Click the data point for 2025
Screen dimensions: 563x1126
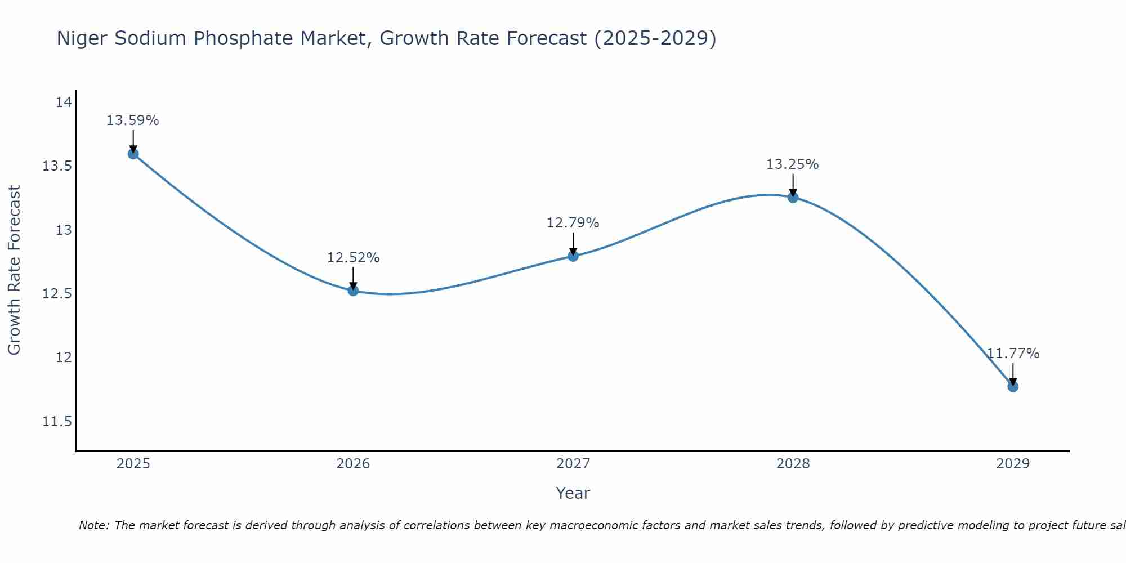[x=133, y=154]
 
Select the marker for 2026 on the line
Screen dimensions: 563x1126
[x=353, y=291]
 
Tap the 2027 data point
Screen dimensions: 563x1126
[x=573, y=256]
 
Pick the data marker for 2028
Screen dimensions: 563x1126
[x=793, y=197]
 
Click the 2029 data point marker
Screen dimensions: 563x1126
[x=1013, y=386]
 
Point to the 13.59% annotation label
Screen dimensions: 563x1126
[x=133, y=120]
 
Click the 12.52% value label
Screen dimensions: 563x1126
[x=353, y=258]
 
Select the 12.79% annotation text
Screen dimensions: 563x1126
[x=573, y=223]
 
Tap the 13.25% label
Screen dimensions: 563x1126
[x=792, y=164]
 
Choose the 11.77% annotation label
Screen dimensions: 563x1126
[x=1013, y=354]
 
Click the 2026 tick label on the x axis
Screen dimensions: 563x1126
[x=353, y=464]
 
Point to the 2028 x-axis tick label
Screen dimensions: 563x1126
[x=793, y=464]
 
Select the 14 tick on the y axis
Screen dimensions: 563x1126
[x=64, y=102]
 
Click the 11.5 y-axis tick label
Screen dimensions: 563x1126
[x=57, y=422]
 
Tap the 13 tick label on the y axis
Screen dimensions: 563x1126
[x=64, y=230]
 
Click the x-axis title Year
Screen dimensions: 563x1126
[x=573, y=493]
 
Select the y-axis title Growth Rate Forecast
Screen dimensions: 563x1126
[x=14, y=270]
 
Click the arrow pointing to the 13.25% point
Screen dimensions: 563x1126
[x=793, y=185]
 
